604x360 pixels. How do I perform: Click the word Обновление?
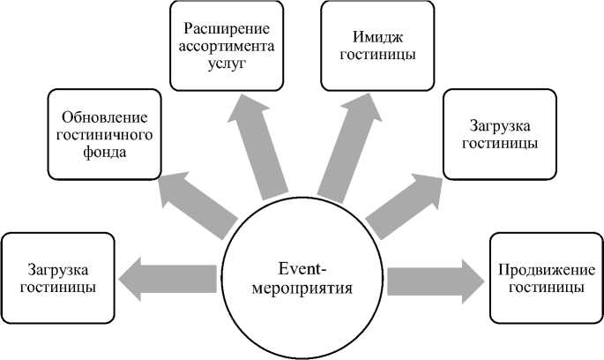click(105, 118)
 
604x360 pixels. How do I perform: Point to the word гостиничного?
click(105, 134)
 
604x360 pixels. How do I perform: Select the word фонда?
click(105, 151)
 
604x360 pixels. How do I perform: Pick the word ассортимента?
click(227, 46)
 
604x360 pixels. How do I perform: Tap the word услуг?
click(227, 63)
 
